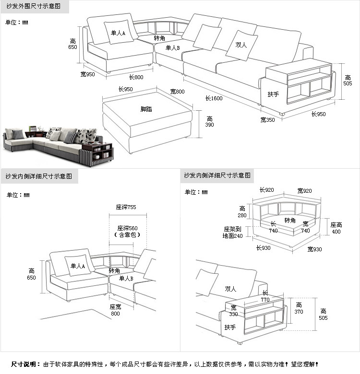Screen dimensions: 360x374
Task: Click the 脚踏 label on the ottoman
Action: (146, 109)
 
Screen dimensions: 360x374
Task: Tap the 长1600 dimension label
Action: (214, 98)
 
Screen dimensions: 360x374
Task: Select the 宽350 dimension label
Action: (268, 119)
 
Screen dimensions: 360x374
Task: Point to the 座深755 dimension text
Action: (126, 207)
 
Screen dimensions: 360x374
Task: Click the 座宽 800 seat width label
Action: (115, 310)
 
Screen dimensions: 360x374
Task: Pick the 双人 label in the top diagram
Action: (241, 45)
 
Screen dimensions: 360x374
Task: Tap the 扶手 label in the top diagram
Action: (273, 94)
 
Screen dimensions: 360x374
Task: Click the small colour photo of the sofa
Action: (58, 145)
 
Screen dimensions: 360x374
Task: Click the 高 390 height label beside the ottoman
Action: (210, 121)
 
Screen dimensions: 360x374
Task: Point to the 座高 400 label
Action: (336, 228)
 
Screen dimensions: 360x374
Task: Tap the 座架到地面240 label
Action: (232, 232)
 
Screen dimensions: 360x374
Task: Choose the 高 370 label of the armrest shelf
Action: (299, 308)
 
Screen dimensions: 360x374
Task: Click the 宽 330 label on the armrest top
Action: (233, 311)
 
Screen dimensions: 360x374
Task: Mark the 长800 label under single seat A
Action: (136, 77)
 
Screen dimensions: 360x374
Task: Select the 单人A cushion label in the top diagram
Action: (118, 34)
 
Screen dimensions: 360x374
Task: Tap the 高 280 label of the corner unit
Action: (242, 212)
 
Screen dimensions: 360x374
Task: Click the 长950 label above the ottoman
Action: (125, 89)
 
